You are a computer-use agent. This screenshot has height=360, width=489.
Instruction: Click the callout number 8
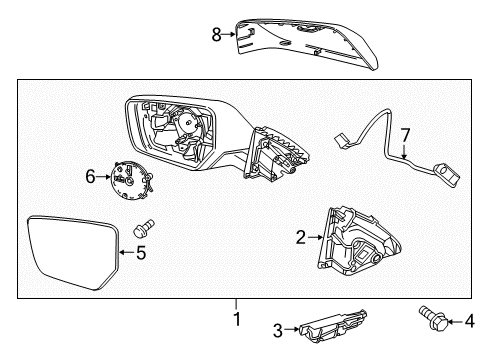pyautogui.click(x=217, y=34)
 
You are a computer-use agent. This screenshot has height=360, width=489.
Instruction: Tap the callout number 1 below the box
pyautogui.click(x=237, y=319)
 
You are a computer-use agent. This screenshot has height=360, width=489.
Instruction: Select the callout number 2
pyautogui.click(x=301, y=238)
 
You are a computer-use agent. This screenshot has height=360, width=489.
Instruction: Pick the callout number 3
pyautogui.click(x=278, y=330)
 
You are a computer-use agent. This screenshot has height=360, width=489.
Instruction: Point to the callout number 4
pyautogui.click(x=469, y=321)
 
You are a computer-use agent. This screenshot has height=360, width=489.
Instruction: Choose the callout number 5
pyautogui.click(x=141, y=252)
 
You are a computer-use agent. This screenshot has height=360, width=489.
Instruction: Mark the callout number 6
pyautogui.click(x=90, y=176)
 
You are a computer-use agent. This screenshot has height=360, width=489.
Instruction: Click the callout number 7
pyautogui.click(x=405, y=135)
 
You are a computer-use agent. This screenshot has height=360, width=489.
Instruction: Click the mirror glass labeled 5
pyautogui.click(x=72, y=252)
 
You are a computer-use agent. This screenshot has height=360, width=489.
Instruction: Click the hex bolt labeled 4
pyautogui.click(x=433, y=318)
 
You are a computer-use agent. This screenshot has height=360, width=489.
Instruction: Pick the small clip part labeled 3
pyautogui.click(x=333, y=326)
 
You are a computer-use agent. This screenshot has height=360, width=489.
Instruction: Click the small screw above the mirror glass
pyautogui.click(x=144, y=228)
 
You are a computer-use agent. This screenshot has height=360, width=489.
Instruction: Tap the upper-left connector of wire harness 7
pyautogui.click(x=342, y=141)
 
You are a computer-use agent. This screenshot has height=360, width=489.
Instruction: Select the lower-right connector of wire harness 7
pyautogui.click(x=447, y=174)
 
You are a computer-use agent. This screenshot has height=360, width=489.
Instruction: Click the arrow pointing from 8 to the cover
pyautogui.click(x=229, y=34)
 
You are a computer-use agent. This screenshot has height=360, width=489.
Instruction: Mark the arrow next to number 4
pyautogui.click(x=455, y=322)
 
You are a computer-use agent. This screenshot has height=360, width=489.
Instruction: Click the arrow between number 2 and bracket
pyautogui.click(x=315, y=237)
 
